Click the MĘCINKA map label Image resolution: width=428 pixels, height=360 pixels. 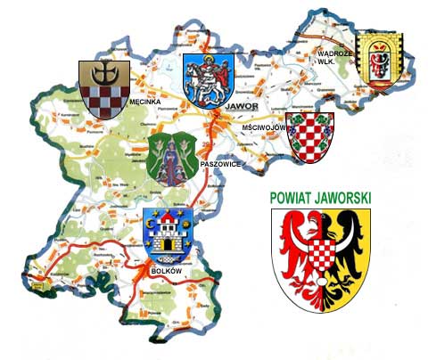pos(144,102)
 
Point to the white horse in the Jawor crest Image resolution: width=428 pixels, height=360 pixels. pos(210,82)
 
